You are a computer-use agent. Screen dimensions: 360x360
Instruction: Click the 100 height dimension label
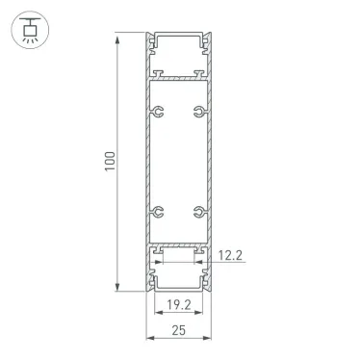coord(112,163)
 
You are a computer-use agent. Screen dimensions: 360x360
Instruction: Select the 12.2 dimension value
coord(229,255)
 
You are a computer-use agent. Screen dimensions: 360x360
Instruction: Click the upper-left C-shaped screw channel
coord(157,112)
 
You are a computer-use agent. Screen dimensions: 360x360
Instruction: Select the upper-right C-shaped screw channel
coord(198,112)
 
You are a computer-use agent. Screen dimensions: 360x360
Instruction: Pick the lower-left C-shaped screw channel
coord(157,209)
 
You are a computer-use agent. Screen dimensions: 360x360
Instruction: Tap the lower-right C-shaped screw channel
coord(198,209)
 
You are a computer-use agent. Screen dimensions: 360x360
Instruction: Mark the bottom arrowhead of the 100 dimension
coord(119,288)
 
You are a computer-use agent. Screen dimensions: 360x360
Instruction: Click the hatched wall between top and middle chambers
coord(178,78)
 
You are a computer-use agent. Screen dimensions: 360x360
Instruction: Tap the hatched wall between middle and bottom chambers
coord(178,244)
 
